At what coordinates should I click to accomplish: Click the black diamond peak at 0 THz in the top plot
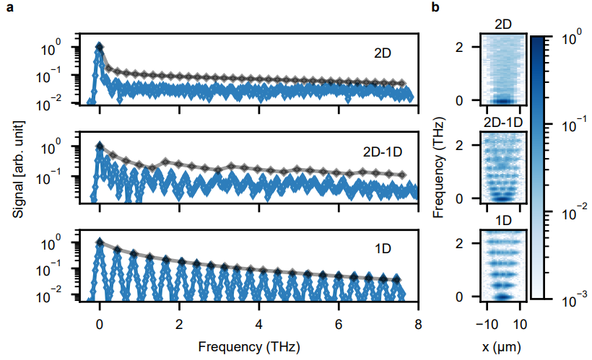pyautogui.click(x=100, y=47)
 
